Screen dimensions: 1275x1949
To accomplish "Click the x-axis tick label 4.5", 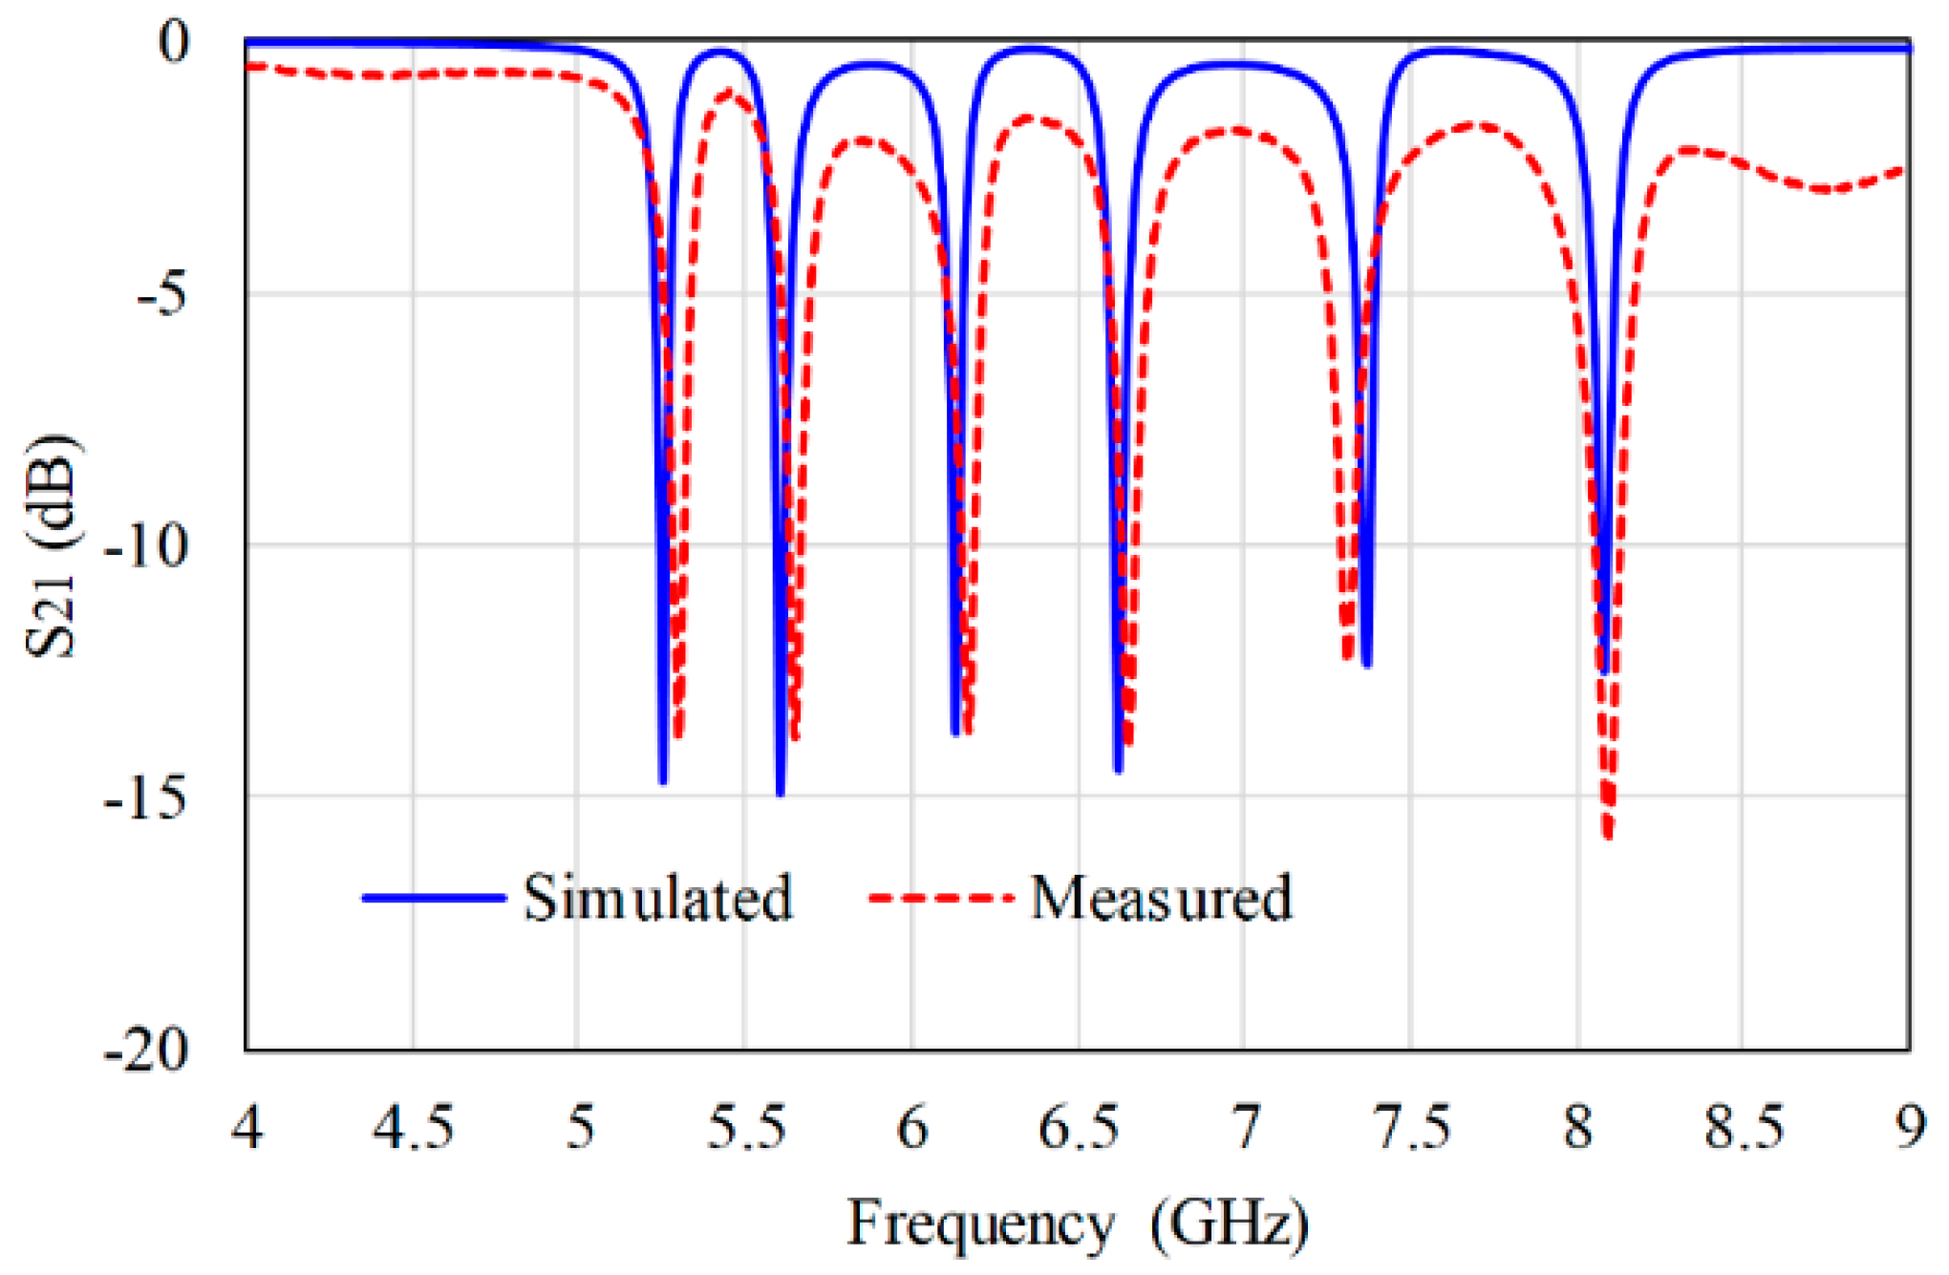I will click(413, 1129).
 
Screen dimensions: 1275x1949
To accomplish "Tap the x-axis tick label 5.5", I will click(746, 1129).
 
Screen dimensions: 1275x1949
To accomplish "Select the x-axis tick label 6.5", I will click(1079, 1129).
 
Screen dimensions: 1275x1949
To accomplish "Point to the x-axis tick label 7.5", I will click(1411, 1129).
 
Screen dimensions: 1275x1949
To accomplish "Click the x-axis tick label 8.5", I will click(1744, 1129).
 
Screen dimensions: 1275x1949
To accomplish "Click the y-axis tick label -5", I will click(162, 295).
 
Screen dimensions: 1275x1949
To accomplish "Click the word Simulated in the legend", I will click(658, 899).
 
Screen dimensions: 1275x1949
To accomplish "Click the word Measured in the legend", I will click(1161, 899).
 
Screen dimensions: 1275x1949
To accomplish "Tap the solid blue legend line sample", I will click(434, 898).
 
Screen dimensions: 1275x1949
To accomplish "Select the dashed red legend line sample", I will click(940, 898).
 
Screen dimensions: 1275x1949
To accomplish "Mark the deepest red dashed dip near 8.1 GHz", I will click(1609, 837).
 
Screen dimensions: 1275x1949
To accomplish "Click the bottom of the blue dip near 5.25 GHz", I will click(663, 781).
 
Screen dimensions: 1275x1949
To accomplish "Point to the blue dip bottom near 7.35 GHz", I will click(1367, 664).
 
